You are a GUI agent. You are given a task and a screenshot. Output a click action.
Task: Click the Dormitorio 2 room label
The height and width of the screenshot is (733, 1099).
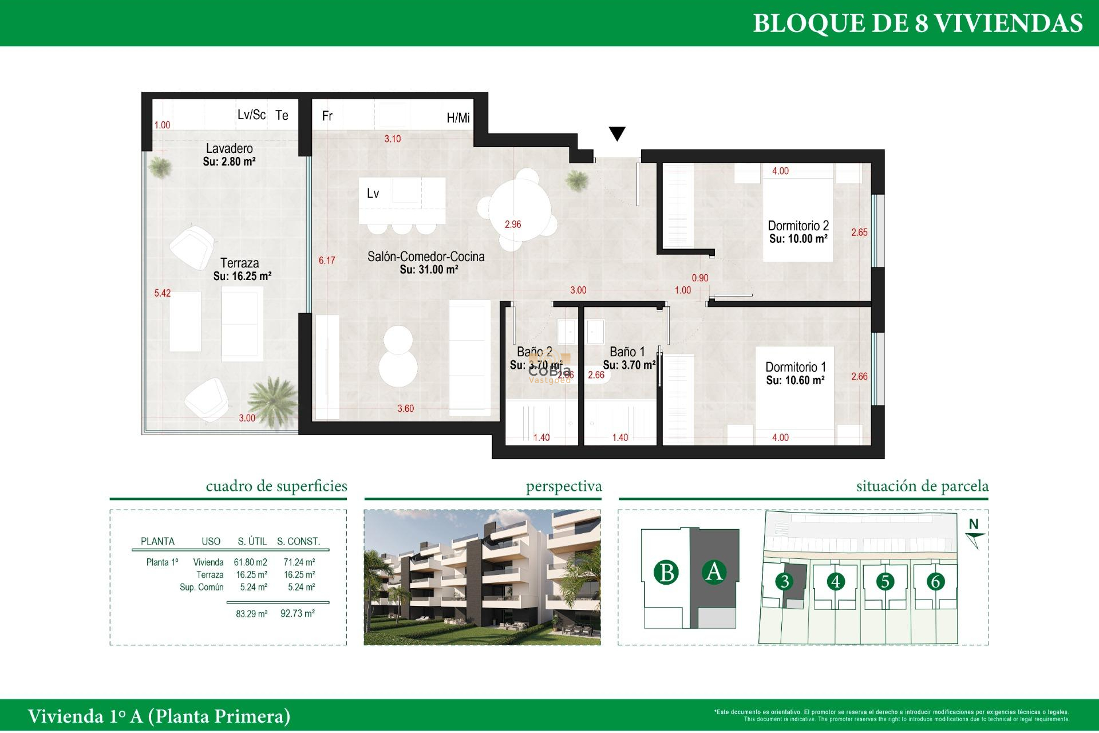798,226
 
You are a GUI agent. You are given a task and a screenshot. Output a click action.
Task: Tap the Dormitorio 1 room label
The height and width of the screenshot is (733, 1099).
796,367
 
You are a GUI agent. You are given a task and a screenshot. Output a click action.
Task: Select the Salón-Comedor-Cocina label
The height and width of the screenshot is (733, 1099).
426,257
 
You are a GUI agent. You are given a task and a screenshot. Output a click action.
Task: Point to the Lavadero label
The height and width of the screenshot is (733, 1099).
229,148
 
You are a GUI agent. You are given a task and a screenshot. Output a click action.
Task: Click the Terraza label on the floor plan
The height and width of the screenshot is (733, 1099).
239,263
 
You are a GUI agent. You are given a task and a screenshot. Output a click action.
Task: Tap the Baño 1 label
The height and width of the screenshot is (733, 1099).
627,352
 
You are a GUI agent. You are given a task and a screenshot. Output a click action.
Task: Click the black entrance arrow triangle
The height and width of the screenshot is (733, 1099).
617,133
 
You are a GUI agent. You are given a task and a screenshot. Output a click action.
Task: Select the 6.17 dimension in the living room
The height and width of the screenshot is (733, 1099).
327,261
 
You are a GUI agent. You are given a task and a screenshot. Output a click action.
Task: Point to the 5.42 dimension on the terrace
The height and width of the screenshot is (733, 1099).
162,293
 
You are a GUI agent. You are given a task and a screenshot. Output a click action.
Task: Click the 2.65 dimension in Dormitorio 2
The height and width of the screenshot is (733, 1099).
859,232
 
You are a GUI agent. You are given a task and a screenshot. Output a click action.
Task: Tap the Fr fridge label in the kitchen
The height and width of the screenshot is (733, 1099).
327,116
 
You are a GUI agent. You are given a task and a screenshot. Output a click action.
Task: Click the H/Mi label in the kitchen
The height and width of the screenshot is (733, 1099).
458,118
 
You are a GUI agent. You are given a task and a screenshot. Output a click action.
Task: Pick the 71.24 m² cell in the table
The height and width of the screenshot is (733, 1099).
299,562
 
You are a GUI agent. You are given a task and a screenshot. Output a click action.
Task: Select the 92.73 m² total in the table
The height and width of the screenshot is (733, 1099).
297,613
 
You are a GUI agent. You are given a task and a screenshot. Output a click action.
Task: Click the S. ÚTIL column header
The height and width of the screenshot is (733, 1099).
252,541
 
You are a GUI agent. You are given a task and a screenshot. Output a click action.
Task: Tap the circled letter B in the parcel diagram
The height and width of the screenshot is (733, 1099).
666,573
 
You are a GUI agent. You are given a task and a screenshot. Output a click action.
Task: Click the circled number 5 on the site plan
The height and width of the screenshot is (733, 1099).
885,582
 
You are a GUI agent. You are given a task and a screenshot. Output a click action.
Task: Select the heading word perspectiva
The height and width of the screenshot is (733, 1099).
563,486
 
